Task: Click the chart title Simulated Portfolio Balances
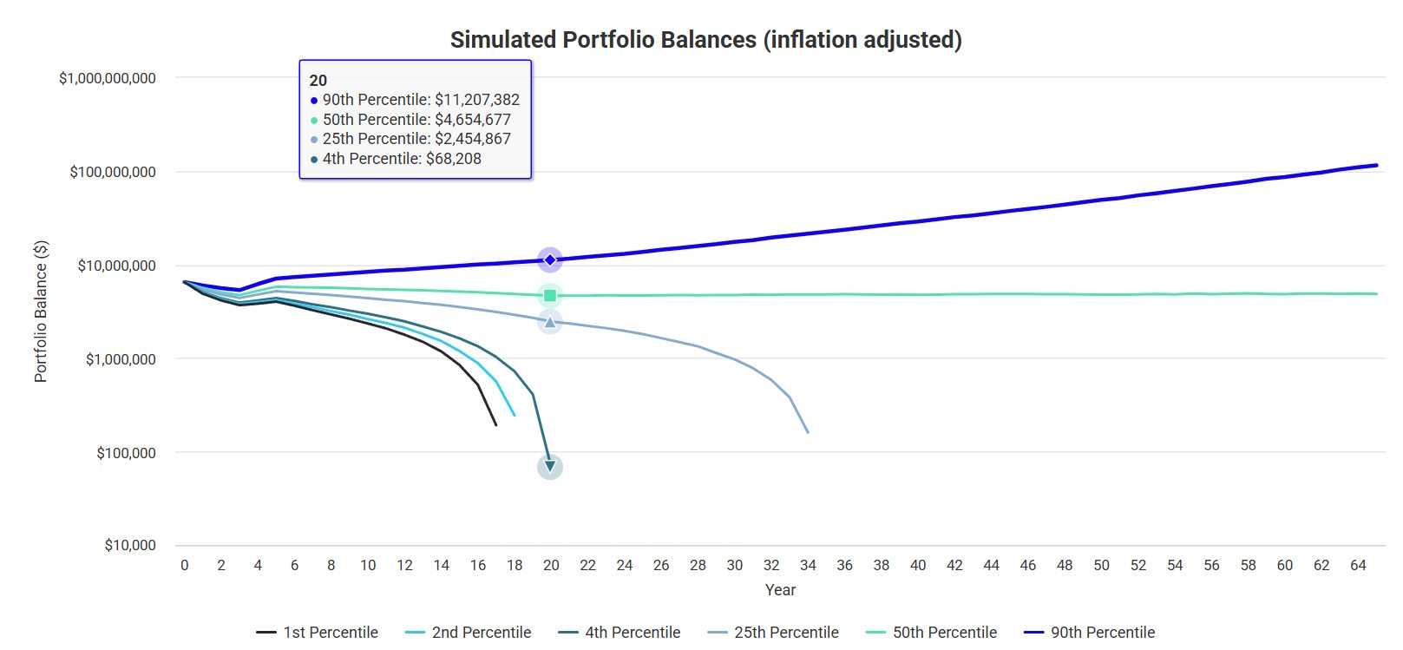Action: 705,40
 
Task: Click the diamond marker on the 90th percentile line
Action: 550,259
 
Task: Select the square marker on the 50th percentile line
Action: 550,296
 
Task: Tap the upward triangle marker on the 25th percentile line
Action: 550,322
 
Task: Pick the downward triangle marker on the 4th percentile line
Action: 550,467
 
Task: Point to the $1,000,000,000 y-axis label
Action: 108,78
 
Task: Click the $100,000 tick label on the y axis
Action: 127,453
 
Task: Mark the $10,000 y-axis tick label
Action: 130,546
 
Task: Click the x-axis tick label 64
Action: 1358,566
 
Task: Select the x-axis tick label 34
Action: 808,566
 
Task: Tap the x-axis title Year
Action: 780,590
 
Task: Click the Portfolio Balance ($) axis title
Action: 41,312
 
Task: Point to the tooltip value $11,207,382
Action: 477,100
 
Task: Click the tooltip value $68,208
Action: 454,159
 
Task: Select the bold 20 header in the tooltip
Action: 318,81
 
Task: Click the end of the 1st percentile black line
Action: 496,424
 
